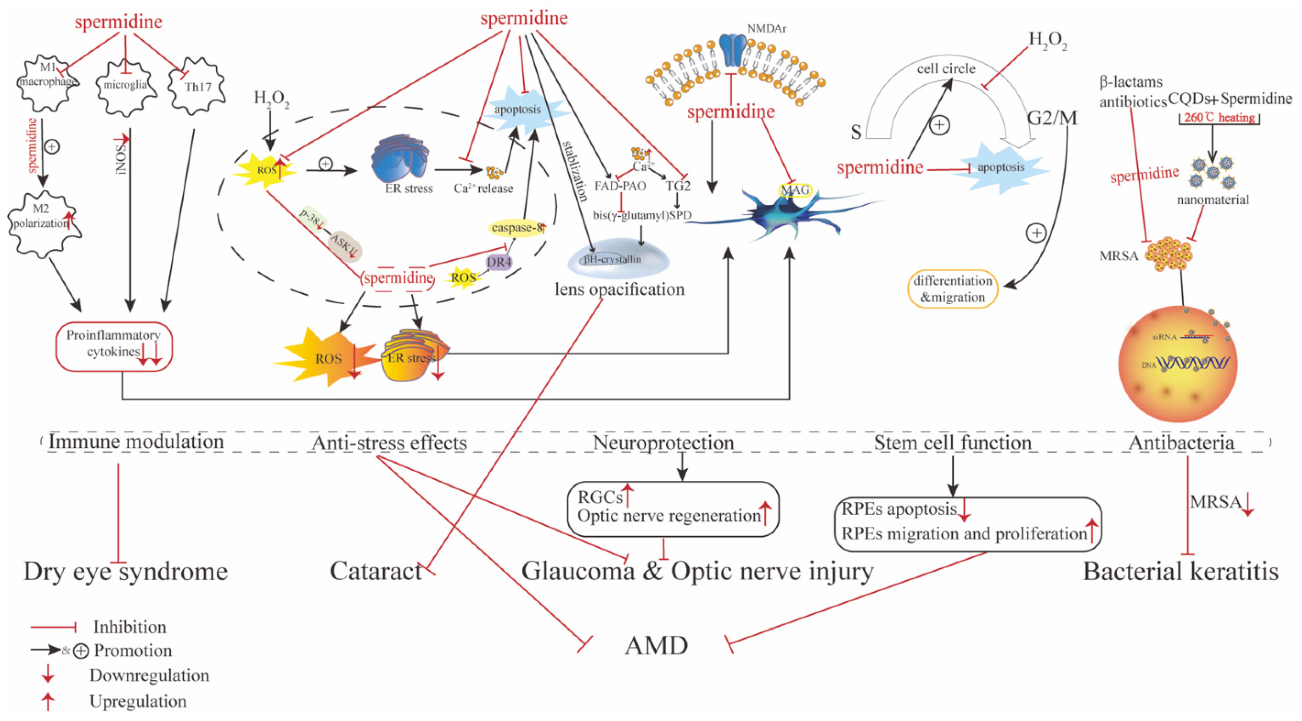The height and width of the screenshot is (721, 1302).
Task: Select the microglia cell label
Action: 125,85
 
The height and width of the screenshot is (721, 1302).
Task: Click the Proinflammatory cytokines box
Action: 114,346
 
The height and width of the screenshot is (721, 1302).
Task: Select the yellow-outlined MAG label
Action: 795,190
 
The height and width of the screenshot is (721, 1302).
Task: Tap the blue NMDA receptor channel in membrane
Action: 731,51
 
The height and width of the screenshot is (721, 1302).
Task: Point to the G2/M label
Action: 1051,118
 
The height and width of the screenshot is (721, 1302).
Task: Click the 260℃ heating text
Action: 1219,118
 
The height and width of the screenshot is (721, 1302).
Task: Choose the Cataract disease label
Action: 375,571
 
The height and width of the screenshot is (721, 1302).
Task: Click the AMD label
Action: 656,646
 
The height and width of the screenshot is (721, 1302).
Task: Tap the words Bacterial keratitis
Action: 1180,571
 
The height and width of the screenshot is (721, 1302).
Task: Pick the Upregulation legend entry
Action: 137,701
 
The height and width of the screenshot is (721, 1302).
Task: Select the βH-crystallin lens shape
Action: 618,259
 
